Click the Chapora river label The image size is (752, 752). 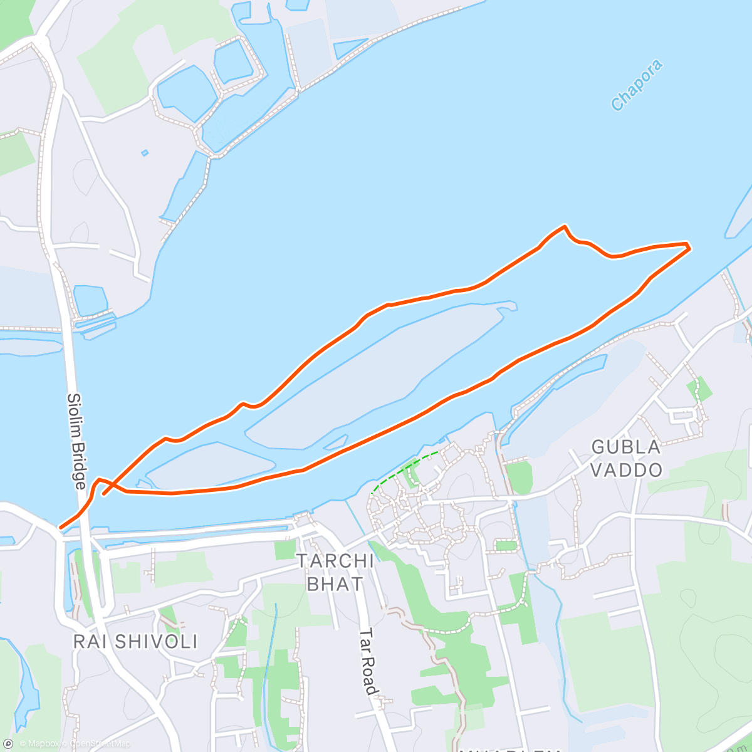point(637,85)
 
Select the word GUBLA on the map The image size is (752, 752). point(617,447)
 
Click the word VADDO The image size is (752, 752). point(627,470)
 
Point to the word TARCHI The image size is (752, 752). point(335,561)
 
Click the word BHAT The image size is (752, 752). point(335,584)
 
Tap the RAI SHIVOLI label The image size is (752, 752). point(135,642)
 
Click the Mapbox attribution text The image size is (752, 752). point(39,744)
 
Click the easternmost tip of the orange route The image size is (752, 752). point(689,248)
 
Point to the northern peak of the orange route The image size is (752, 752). point(565,226)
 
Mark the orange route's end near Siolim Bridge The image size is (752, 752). point(61,528)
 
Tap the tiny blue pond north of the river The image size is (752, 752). point(145,152)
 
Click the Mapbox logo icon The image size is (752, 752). point(8,744)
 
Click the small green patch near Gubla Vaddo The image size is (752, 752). point(699,389)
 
